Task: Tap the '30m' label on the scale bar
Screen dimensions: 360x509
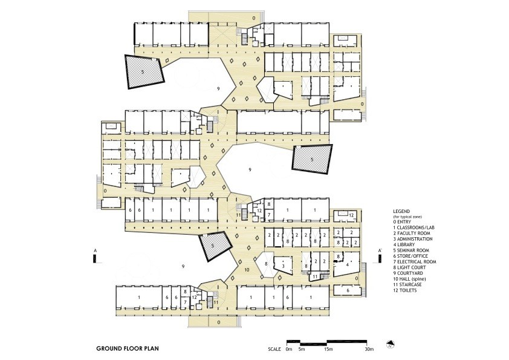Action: click(x=369, y=350)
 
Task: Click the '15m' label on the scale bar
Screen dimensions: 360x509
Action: click(x=327, y=350)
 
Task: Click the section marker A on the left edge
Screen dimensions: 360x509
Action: click(x=94, y=255)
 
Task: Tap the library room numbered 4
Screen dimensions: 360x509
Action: click(x=347, y=264)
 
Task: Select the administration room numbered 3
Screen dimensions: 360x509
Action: click(x=282, y=266)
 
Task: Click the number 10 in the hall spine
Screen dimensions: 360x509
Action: click(x=246, y=269)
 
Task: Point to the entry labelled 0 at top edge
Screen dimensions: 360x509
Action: click(x=254, y=19)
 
